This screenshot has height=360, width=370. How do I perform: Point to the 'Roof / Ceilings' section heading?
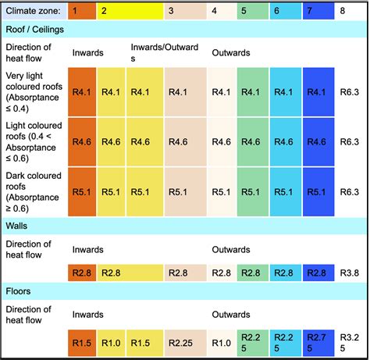click(x=36, y=29)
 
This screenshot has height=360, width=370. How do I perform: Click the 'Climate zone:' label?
click(x=33, y=11)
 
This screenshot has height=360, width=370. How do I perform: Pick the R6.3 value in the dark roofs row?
click(x=349, y=192)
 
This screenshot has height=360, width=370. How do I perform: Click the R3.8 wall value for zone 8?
click(x=349, y=273)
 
